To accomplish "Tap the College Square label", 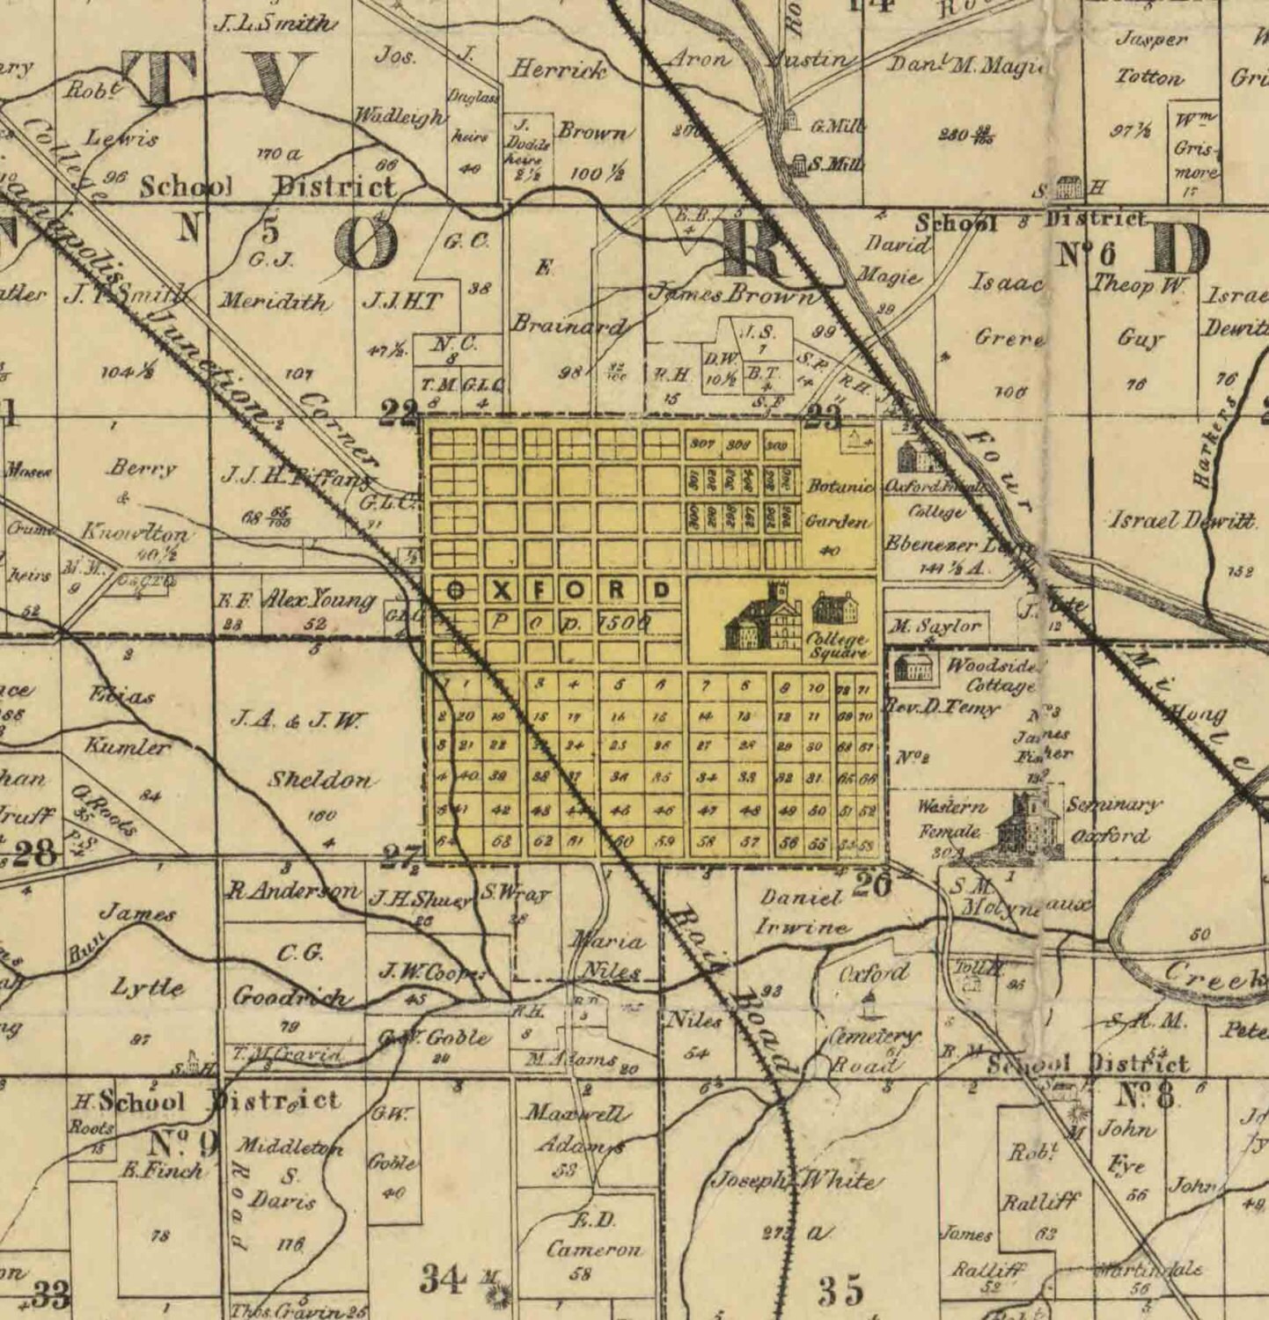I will tap(837, 646).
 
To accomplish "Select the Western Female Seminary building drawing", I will tap(1023, 824).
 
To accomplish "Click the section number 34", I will tap(442, 1279).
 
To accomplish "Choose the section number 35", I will tap(841, 1290).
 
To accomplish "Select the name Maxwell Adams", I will tap(576, 1129).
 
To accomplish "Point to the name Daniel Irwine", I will tap(803, 912).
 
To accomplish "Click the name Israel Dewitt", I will tap(1181, 520).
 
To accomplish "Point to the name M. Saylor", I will tap(935, 627).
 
